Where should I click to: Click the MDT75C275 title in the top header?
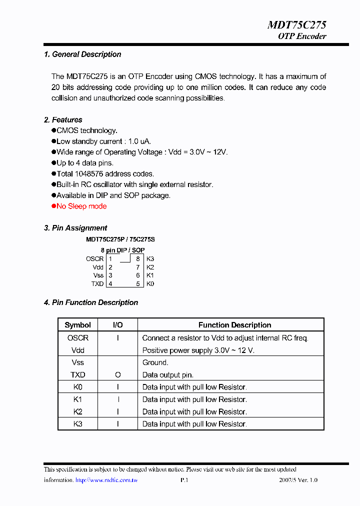pos(297,24)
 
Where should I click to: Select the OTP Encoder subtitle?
pos(302,36)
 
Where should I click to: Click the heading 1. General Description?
pos(82,54)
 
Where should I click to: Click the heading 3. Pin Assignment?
pos(75,228)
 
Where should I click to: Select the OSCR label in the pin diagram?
pos(94,259)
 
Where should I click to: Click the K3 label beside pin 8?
pos(150,259)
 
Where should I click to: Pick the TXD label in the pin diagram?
pos(97,284)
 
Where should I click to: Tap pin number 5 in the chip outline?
pos(137,284)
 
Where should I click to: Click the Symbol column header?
pos(77,325)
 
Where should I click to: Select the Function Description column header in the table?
pos(234,325)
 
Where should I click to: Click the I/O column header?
pos(118,325)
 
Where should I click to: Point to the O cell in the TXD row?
pos(118,375)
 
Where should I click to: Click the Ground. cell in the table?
pos(155,362)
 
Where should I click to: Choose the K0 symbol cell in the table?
pos(77,387)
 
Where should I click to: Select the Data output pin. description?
pos(167,375)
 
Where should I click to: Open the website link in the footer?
pos(106,480)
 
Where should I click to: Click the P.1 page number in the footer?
pos(183,480)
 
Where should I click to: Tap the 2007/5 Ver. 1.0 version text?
pos(298,480)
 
